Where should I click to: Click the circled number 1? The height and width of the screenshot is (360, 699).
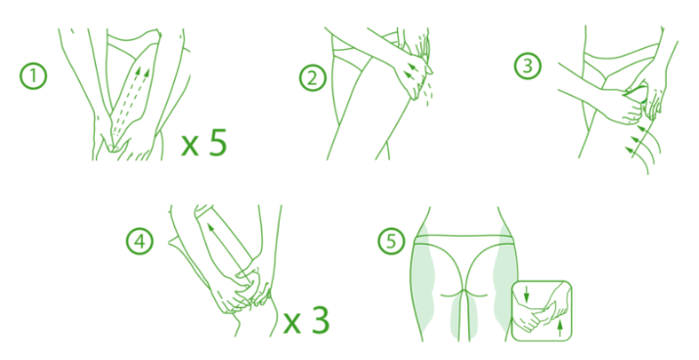[33, 76]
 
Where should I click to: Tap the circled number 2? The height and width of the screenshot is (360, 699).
[313, 78]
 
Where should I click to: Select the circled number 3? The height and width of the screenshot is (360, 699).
[528, 67]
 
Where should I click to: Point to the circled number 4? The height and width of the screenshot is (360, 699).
[140, 242]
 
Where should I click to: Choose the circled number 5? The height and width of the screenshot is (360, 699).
[391, 242]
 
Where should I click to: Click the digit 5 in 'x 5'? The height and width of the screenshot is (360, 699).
[218, 142]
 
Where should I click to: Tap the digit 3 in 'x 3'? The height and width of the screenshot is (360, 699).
[320, 319]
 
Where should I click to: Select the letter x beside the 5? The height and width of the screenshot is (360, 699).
[190, 146]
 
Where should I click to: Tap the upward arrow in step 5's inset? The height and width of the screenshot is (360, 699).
[560, 328]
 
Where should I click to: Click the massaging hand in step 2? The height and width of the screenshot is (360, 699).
[414, 76]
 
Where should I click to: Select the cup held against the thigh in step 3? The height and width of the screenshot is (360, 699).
[634, 94]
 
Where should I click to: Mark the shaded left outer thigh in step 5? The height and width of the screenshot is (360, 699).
[422, 281]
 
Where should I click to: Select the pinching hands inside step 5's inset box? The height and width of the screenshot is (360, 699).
[543, 310]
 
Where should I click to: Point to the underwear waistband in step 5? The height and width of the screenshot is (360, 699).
[463, 240]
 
